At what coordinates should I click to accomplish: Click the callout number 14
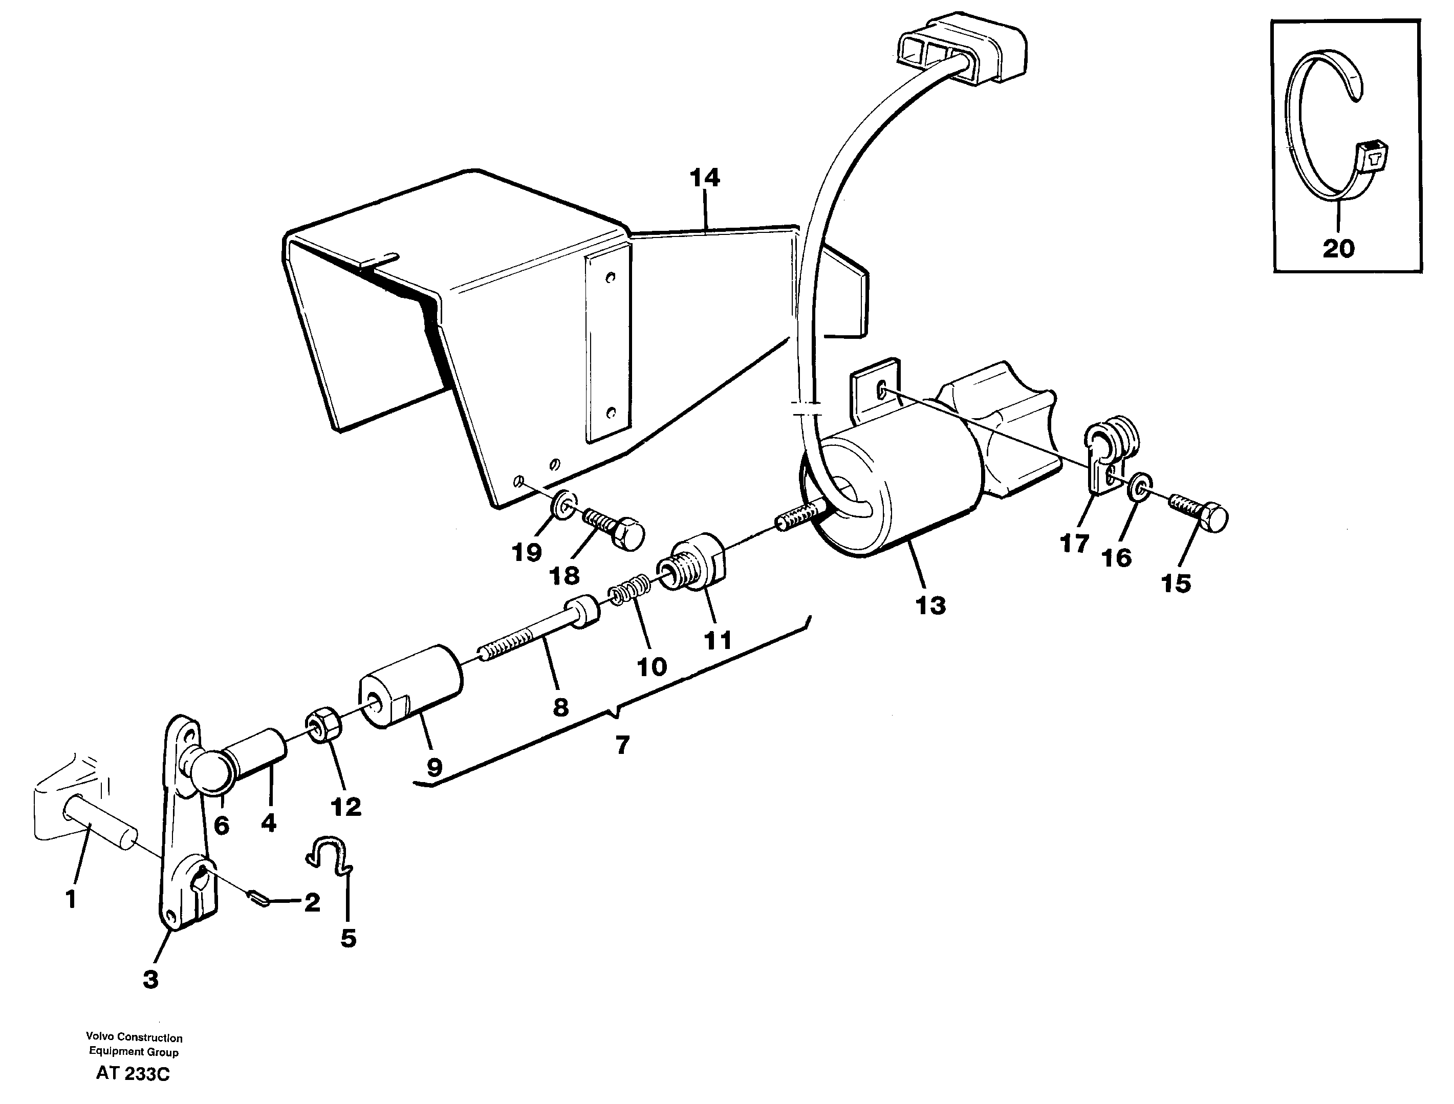pyautogui.click(x=705, y=178)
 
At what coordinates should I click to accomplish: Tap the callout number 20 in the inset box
pyautogui.click(x=1338, y=249)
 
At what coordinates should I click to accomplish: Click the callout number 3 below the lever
pyautogui.click(x=150, y=979)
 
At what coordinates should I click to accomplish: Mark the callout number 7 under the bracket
pyautogui.click(x=622, y=745)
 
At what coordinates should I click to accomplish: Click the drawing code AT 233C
pyautogui.click(x=133, y=1074)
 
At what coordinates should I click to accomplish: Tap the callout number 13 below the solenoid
pyautogui.click(x=930, y=605)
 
